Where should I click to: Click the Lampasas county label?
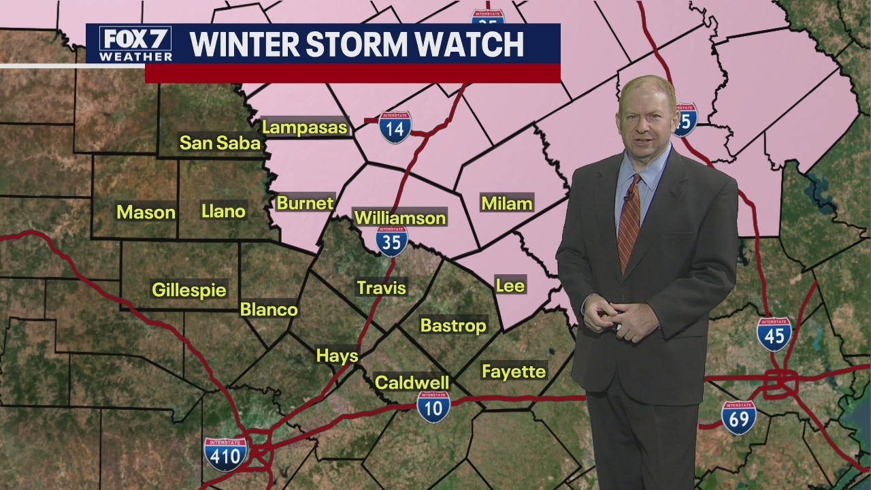tap(304, 127)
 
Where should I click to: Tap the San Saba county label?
tap(220, 142)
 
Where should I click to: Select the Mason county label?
tap(146, 212)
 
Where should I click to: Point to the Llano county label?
tap(223, 211)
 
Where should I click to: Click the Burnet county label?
tap(305, 203)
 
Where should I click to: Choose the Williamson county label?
tap(400, 218)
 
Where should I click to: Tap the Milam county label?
tap(506, 203)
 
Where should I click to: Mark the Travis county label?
tap(381, 288)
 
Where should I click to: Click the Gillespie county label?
tap(188, 289)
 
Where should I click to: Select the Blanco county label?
tap(269, 310)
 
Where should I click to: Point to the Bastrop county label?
tap(453, 325)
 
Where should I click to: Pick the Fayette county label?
tap(514, 371)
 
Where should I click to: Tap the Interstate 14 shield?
tap(395, 127)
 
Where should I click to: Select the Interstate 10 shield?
tap(433, 407)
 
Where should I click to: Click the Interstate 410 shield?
tap(225, 454)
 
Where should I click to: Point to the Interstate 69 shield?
tap(738, 417)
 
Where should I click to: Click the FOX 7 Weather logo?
tap(135, 44)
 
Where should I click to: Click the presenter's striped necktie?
tap(629, 221)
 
